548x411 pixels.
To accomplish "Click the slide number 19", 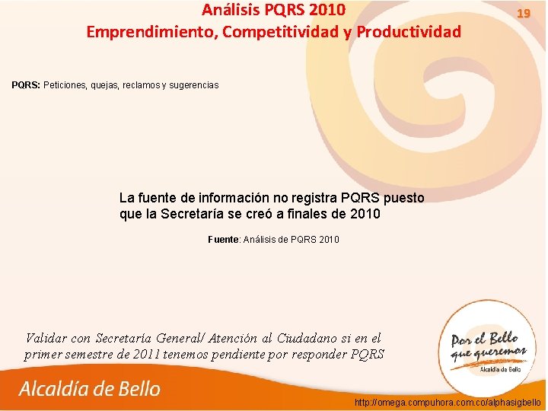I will tap(523, 14).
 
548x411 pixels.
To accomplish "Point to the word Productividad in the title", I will tap(409, 32).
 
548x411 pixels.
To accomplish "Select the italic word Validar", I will tap(46, 338).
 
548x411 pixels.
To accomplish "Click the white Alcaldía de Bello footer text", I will tap(90, 389).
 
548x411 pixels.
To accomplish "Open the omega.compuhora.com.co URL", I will tap(448, 401).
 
